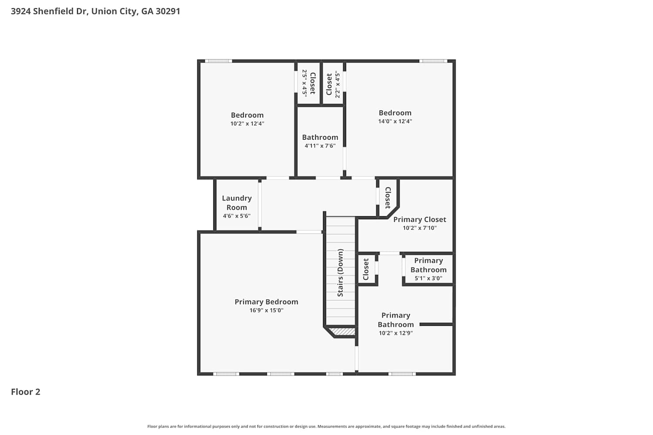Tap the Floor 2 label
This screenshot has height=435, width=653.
pyautogui.click(x=26, y=392)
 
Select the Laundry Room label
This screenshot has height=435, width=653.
pyautogui.click(x=237, y=203)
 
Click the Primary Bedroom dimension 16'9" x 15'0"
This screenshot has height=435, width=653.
pyautogui.click(x=266, y=310)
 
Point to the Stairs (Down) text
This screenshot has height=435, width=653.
pyautogui.click(x=340, y=273)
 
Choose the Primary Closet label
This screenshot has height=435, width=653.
pyautogui.click(x=420, y=220)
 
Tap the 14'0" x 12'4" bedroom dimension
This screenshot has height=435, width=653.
pyautogui.click(x=395, y=121)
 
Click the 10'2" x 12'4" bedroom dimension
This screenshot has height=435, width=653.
pyautogui.click(x=247, y=124)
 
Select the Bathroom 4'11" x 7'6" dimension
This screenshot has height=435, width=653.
pyautogui.click(x=320, y=146)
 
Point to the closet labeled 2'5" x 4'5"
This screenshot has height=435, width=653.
pyautogui.click(x=309, y=84)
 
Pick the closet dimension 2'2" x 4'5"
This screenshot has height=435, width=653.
pyautogui.click(x=337, y=84)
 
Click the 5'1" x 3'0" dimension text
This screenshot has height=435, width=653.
pyautogui.click(x=428, y=278)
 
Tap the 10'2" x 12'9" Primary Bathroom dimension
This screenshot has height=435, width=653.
pyautogui.click(x=396, y=333)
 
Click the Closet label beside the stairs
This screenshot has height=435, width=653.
pyautogui.click(x=366, y=269)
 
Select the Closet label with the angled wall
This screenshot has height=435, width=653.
pyautogui.click(x=388, y=198)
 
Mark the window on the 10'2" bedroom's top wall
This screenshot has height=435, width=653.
pyautogui.click(x=219, y=61)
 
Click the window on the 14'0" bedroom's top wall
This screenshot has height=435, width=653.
pyautogui.click(x=433, y=61)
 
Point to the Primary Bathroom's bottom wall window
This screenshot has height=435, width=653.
pyautogui.click(x=402, y=374)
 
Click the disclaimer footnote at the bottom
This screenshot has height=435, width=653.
pyautogui.click(x=326, y=426)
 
